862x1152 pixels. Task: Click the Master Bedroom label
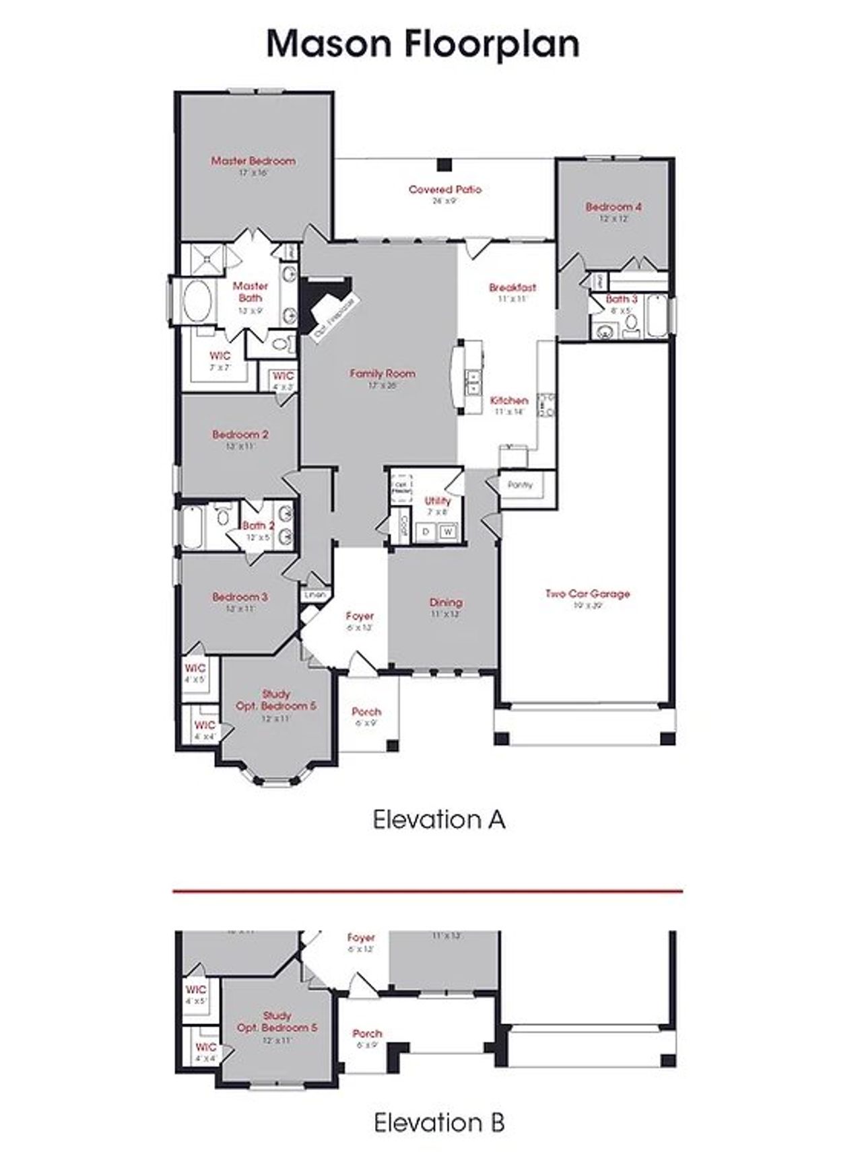pos(253,161)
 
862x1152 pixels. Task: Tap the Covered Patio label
pos(444,190)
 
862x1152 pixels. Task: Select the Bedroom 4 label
pos(613,207)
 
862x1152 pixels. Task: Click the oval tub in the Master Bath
pos(197,303)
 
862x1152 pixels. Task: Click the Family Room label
pos(382,373)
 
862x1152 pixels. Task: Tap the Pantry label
pos(519,484)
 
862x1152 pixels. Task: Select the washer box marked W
pos(447,532)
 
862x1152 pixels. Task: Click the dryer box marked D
pos(426,532)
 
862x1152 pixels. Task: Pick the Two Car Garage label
pos(587,594)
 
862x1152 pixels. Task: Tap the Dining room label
pos(446,603)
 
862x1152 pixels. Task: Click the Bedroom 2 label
pos(240,435)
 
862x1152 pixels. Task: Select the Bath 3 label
pos(621,299)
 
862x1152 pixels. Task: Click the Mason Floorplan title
pos(423,44)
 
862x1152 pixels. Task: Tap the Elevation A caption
pos(438,820)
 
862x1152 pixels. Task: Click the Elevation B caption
pos(438,1122)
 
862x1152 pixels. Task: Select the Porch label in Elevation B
pos(367,1033)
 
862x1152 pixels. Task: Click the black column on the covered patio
pos(443,164)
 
